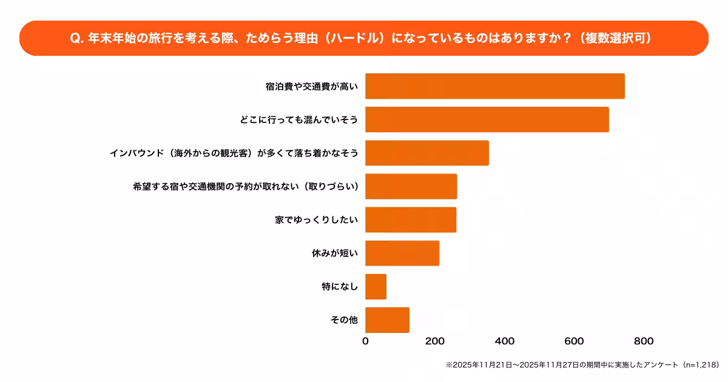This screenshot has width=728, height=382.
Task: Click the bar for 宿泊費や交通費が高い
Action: pyautogui.click(x=494, y=86)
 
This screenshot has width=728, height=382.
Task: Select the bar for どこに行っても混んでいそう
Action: pyautogui.click(x=487, y=119)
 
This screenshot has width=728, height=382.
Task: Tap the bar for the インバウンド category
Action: pyautogui.click(x=426, y=153)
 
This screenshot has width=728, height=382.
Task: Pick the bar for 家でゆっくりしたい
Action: pyautogui.click(x=410, y=219)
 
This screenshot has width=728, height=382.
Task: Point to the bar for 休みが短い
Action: pyautogui.click(x=402, y=253)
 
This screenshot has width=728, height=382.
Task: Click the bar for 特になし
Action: pyautogui.click(x=376, y=286)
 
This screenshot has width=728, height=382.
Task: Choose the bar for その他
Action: pyautogui.click(x=387, y=320)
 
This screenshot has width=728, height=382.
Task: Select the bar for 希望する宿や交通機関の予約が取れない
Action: pyautogui.click(x=411, y=186)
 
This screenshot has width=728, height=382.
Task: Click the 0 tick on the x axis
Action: pyautogui.click(x=365, y=341)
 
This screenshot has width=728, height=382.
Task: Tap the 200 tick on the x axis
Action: pyautogui.click(x=435, y=341)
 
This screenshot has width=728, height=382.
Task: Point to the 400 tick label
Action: pyautogui.click(x=505, y=341)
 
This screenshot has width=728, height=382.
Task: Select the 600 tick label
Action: pyautogui.click(x=574, y=341)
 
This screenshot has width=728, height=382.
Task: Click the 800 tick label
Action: pyautogui.click(x=644, y=341)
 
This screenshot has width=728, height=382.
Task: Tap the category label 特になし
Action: pyautogui.click(x=340, y=286)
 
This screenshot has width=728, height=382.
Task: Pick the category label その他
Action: pyautogui.click(x=344, y=320)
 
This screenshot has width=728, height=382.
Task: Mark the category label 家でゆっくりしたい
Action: pyautogui.click(x=316, y=219)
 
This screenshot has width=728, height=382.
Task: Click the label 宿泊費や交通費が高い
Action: pyautogui.click(x=311, y=86)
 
